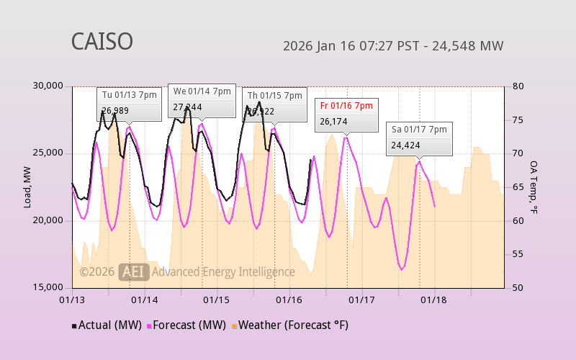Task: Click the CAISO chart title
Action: [102, 42]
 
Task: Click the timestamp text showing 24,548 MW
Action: [393, 46]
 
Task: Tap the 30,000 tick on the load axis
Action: [49, 86]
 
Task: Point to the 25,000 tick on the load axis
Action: [49, 153]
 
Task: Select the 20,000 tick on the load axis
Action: [49, 220]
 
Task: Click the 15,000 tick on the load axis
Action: [49, 287]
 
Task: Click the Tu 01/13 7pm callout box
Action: [130, 104]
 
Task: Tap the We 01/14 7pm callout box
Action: [202, 100]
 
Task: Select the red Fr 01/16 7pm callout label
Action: [346, 106]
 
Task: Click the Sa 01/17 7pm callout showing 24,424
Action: [419, 138]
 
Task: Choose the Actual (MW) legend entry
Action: [105, 325]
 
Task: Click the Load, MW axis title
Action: [27, 186]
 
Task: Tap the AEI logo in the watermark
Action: [134, 271]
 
